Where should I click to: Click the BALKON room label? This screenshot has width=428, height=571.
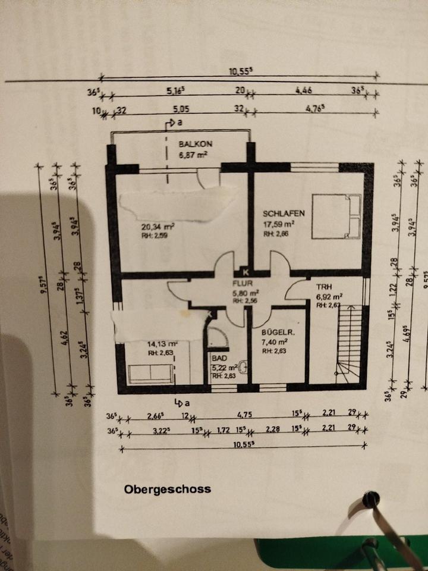196,144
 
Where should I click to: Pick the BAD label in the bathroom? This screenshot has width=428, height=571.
219,359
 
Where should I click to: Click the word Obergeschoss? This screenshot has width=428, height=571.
167,490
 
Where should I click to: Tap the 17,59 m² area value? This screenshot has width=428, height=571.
279,224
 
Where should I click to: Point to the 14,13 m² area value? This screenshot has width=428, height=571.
163,343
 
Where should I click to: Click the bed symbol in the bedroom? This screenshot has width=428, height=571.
336,216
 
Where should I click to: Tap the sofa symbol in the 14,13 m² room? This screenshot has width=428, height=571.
150,373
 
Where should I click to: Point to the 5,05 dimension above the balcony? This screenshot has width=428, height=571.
180,110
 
